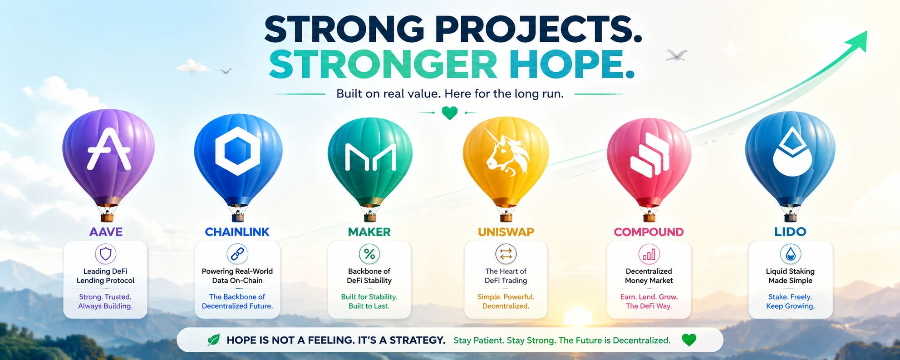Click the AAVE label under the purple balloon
click(x=106, y=232)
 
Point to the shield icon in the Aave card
click(x=105, y=254)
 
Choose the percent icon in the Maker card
click(x=369, y=254)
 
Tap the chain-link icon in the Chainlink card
click(x=237, y=254)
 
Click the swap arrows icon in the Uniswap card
click(x=506, y=254)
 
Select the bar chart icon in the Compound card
click(x=649, y=254)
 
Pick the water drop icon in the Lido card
click(x=790, y=254)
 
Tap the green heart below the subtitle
click(x=450, y=113)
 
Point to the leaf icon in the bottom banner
click(x=213, y=340)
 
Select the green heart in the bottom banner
click(x=689, y=340)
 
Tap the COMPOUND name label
click(x=649, y=232)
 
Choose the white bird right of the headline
click(x=677, y=55)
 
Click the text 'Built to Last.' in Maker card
click(x=369, y=306)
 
